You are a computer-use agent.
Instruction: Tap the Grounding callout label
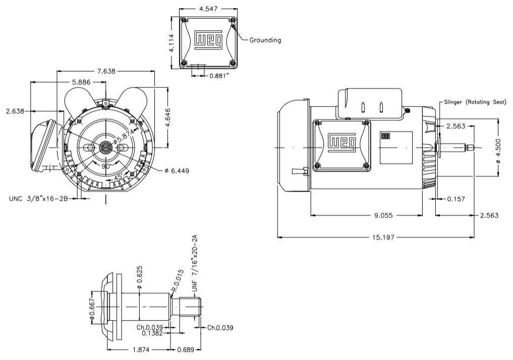coord(265,40)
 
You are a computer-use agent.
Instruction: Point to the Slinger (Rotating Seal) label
coord(474,102)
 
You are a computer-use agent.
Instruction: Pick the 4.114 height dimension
coord(172,43)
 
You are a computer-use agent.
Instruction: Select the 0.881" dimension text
coord(222,76)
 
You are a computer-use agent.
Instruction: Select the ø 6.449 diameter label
coord(177,171)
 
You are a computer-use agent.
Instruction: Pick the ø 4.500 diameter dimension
coord(498,151)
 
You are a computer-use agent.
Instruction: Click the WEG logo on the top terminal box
coord(209,41)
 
